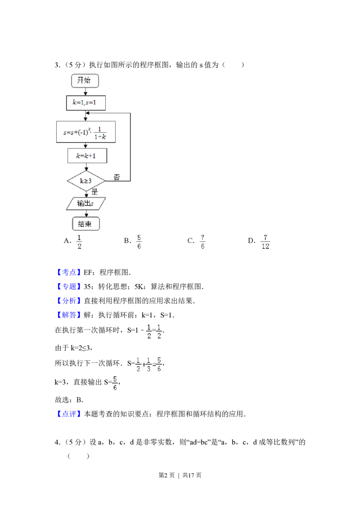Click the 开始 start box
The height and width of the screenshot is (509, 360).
(x=85, y=80)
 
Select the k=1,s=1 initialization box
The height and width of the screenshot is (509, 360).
(x=85, y=103)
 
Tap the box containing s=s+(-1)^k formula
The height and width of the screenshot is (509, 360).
(x=85, y=132)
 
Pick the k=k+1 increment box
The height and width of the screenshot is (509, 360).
(x=87, y=156)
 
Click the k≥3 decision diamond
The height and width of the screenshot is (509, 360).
(x=85, y=181)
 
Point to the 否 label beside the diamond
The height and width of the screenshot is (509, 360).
(x=117, y=177)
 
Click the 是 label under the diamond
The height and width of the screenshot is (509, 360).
(x=94, y=192)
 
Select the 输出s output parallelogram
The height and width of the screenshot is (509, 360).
(x=85, y=203)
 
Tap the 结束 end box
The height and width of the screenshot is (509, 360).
(x=85, y=224)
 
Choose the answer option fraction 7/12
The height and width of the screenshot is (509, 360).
(x=266, y=241)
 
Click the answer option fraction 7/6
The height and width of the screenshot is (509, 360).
(x=203, y=241)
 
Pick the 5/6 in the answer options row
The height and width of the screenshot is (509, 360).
(x=139, y=241)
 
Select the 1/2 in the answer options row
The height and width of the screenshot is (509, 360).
(x=79, y=241)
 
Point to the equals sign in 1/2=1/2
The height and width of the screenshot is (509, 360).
(x=154, y=329)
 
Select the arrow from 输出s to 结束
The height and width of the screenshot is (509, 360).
(x=85, y=214)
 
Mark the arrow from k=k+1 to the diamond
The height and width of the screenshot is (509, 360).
(x=85, y=167)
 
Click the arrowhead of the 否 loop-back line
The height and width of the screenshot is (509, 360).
(x=89, y=113)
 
